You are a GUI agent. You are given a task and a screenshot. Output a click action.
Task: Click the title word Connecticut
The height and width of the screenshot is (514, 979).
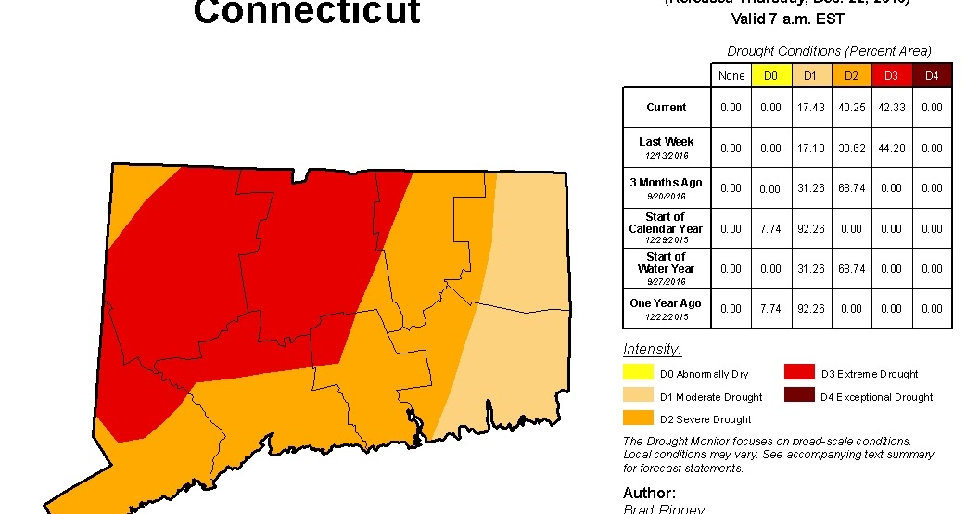click(307, 12)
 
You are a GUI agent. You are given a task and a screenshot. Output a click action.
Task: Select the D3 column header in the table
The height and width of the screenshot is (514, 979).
click(891, 75)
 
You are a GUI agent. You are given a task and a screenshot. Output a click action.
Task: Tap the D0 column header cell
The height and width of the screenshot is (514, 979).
click(770, 75)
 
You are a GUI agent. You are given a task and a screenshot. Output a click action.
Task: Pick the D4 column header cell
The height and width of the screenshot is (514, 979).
click(932, 75)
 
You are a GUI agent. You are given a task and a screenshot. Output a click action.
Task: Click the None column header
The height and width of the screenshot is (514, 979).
click(731, 75)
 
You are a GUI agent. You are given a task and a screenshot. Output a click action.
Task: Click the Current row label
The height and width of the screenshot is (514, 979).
click(667, 108)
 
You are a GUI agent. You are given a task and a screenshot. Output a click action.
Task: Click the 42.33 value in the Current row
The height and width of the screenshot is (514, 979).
click(891, 108)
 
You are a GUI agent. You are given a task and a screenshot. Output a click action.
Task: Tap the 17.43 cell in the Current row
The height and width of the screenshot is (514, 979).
click(810, 108)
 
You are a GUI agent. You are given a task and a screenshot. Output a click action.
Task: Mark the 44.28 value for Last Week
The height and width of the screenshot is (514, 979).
click(891, 148)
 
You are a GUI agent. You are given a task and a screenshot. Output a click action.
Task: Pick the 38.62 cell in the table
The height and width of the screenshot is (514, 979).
click(851, 148)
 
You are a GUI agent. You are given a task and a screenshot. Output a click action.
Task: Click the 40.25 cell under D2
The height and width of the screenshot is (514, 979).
click(851, 108)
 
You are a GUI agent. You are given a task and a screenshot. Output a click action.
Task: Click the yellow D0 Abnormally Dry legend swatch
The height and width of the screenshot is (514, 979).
click(638, 373)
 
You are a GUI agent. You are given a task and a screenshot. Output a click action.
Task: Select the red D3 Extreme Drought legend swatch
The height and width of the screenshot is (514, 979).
click(798, 373)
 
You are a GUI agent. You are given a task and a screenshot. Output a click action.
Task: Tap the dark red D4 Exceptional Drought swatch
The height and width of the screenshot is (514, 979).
click(798, 396)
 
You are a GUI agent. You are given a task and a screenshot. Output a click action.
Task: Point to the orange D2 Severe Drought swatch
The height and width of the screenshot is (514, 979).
click(638, 419)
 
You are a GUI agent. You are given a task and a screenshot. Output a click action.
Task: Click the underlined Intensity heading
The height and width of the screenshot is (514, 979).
click(653, 350)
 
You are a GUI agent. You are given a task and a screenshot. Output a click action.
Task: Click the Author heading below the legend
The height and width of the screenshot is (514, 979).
click(649, 493)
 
